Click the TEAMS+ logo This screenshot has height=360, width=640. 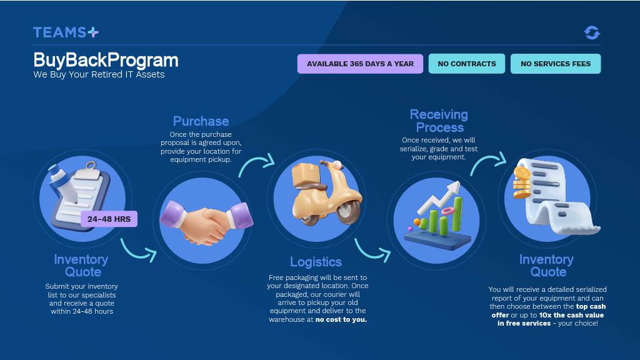click(x=66, y=32)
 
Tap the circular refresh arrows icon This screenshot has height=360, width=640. click(x=592, y=32)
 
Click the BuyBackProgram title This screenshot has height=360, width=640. click(x=106, y=60)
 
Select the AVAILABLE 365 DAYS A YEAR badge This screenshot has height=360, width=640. click(x=360, y=64)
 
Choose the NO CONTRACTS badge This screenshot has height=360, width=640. click(x=467, y=64)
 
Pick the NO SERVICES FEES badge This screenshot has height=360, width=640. click(x=556, y=64)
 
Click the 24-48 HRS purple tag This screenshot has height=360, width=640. click(x=109, y=219)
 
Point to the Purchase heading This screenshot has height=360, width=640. click(x=201, y=121)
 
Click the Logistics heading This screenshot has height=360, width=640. click(x=316, y=262)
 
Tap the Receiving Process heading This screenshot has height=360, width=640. click(x=439, y=121)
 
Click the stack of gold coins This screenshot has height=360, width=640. click(x=522, y=181)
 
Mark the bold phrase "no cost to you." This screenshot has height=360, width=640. click(x=341, y=320)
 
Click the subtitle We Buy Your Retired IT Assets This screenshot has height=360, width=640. click(x=99, y=75)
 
